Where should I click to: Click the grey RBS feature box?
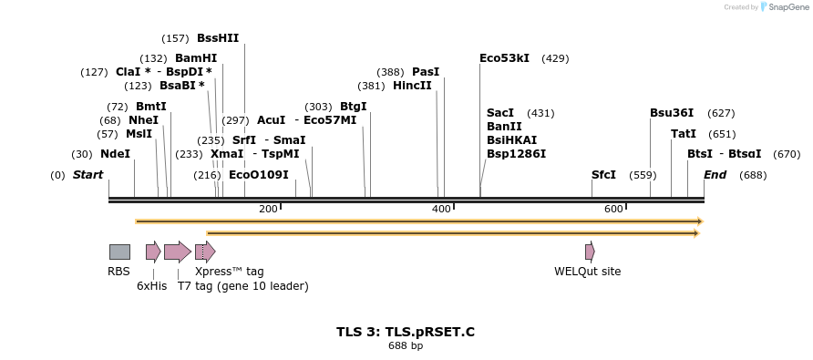[x=119, y=252]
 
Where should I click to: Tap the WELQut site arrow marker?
[x=590, y=252]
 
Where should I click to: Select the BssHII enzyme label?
[x=218, y=38]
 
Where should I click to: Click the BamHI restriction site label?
[x=196, y=57]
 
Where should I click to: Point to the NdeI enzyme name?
[x=115, y=154]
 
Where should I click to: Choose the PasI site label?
[x=426, y=71]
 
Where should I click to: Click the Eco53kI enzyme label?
[x=504, y=57]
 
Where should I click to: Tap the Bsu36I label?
[x=672, y=113]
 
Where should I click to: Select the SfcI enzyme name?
[x=603, y=174]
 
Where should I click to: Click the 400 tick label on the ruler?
[x=441, y=209]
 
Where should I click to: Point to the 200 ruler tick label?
[x=268, y=209]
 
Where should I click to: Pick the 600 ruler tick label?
[x=613, y=209]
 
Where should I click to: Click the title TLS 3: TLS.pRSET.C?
[x=406, y=332]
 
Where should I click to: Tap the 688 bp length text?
[x=406, y=346]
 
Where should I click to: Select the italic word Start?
[x=87, y=174]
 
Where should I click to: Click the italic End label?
[x=715, y=174]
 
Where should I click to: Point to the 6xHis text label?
[x=152, y=285]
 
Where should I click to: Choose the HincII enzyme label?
[x=412, y=86]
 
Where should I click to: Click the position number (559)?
[x=643, y=174]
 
